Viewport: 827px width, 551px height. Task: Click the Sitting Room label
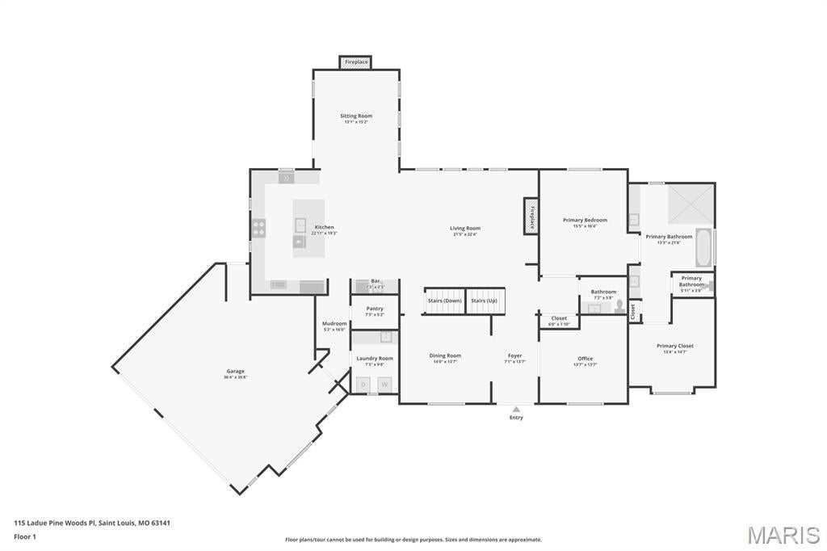point(356,116)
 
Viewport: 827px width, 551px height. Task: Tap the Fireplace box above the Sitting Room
point(356,62)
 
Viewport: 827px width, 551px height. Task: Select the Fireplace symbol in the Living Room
point(531,217)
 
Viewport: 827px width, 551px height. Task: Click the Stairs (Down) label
point(444,301)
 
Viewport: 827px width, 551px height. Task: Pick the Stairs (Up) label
point(485,301)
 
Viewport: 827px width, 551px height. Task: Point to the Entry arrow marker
point(516,410)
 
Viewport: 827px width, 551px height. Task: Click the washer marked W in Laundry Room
point(384,385)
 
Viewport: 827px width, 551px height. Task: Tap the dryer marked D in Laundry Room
point(363,385)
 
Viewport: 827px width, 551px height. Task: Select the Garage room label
point(235,371)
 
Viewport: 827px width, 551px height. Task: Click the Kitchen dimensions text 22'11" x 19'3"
point(324,233)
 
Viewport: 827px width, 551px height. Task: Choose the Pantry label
point(375,308)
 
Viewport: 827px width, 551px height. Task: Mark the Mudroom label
point(334,323)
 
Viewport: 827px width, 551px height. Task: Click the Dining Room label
point(445,355)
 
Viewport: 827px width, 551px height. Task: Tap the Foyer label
point(514,355)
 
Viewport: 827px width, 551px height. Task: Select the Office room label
point(585,359)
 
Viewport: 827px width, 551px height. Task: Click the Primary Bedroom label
point(585,220)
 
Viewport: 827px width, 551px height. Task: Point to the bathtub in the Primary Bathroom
point(703,248)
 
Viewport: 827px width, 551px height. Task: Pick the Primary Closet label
point(674,346)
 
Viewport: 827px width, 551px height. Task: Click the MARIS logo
point(783,535)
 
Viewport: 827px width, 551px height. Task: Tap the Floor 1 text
point(25,536)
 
